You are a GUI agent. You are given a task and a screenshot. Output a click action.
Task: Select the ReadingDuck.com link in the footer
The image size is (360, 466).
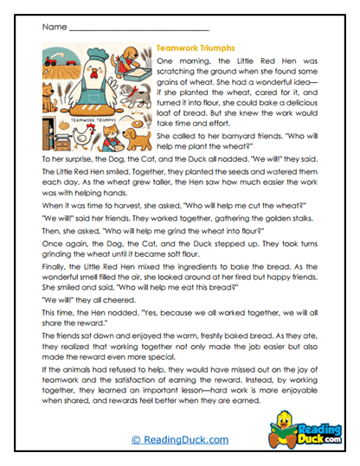pyautogui.click(x=179, y=440)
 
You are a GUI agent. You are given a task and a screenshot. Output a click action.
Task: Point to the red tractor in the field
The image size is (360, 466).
pyautogui.click(x=49, y=61)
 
